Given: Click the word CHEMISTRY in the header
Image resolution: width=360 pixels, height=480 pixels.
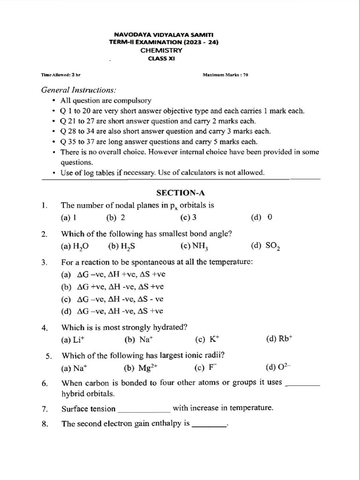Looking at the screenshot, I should [x=164, y=50].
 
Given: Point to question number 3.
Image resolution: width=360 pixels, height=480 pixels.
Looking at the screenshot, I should [x=44, y=262].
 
